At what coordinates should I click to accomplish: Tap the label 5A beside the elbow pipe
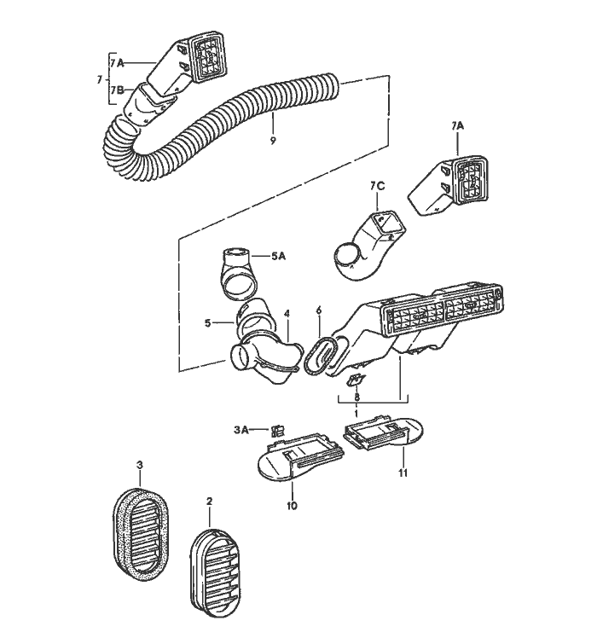tap(279, 254)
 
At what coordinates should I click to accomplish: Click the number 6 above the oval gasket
tap(318, 310)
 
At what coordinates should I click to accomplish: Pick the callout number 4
tap(287, 313)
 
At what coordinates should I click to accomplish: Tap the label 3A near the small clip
tap(241, 430)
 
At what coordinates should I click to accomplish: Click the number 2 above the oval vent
tap(209, 504)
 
